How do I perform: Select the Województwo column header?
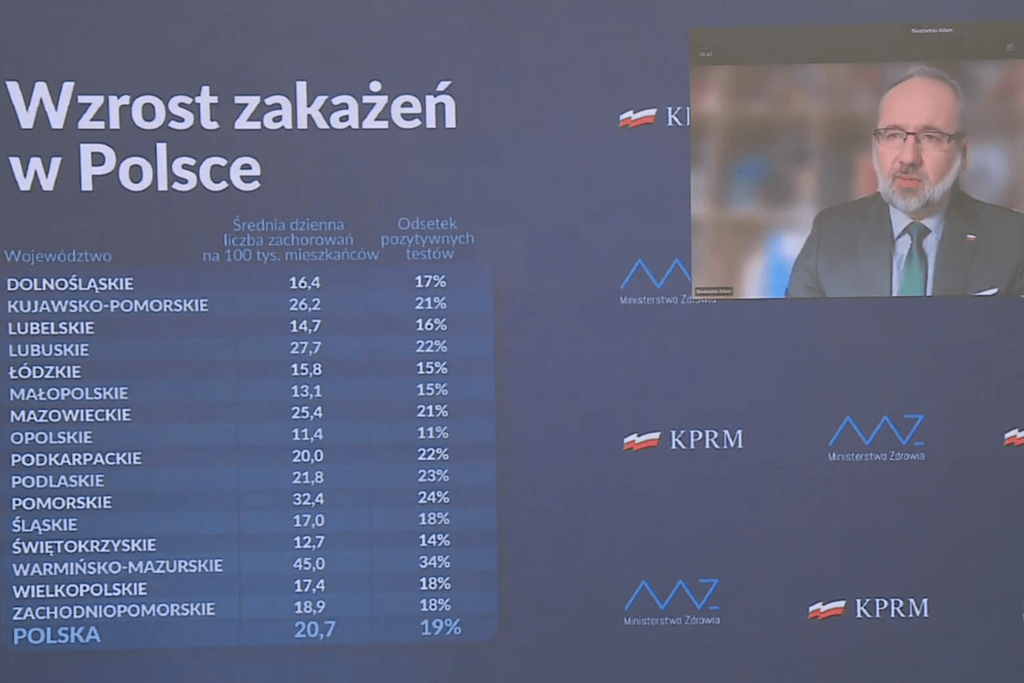pyautogui.click(x=58, y=255)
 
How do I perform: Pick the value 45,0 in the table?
pyautogui.click(x=309, y=563)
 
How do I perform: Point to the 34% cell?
pyautogui.click(x=433, y=563)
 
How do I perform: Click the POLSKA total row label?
pyautogui.click(x=56, y=634)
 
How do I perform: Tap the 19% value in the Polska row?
pyautogui.click(x=440, y=628)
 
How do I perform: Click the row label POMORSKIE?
pyautogui.click(x=61, y=502)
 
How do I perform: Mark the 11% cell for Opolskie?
pyautogui.click(x=433, y=433)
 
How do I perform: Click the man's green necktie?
pyautogui.click(x=912, y=260)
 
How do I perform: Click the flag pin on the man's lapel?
pyautogui.click(x=969, y=236)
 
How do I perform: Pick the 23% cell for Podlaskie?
pyautogui.click(x=433, y=476)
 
